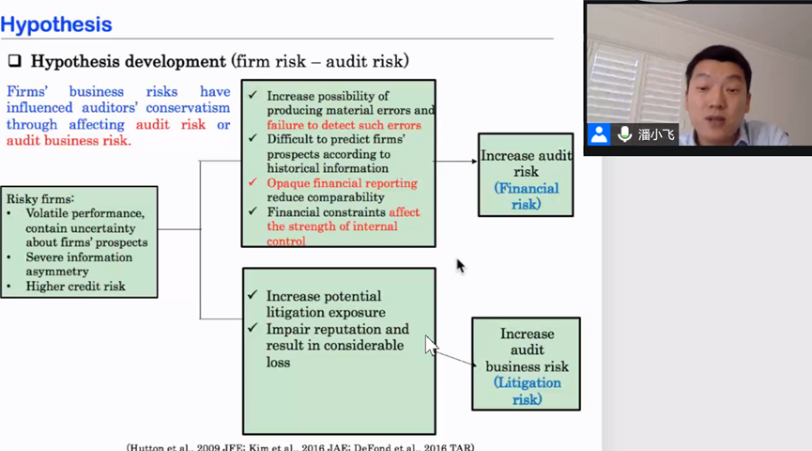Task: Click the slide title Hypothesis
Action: pos(56,24)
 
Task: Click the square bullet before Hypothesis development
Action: pos(15,62)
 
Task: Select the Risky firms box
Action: pos(79,241)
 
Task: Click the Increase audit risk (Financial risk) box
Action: pos(525,175)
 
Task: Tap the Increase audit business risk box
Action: pos(526,364)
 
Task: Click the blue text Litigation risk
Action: pos(527,391)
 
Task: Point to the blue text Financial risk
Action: pos(526,195)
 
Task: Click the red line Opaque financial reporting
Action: pos(342,183)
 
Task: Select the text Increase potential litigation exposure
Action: pos(326,303)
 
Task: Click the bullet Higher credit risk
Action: pos(75,287)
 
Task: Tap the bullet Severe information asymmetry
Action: pos(79,264)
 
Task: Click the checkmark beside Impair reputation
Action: pos(253,329)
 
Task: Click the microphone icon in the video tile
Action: pos(624,134)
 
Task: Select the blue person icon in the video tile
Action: pos(599,134)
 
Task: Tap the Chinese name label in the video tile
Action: pos(656,134)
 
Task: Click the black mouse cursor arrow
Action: pos(460,266)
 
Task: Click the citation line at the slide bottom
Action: pos(300,446)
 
